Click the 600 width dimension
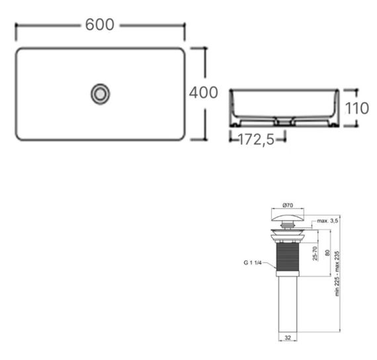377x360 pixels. (100, 24)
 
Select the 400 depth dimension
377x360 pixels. (204, 93)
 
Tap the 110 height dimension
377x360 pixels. (357, 107)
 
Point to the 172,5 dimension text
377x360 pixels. (257, 140)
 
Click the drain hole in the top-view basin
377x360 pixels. (100, 93)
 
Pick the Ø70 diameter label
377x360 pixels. (287, 205)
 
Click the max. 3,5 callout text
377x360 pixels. (328, 220)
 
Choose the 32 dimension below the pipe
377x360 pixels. (286, 337)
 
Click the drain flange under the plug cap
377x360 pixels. (287, 232)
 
